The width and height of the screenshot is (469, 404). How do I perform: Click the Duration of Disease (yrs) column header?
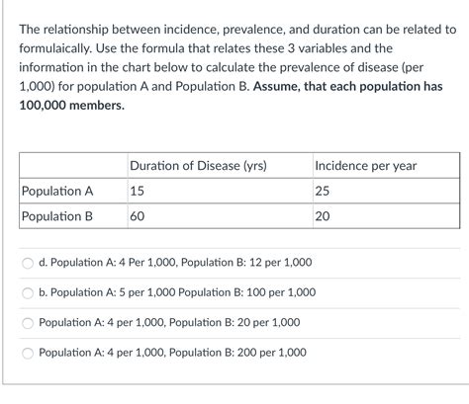pyautogui.click(x=198, y=166)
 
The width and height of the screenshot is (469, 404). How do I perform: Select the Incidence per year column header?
pyautogui.click(x=365, y=166)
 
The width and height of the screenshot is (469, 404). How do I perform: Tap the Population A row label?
pyautogui.click(x=57, y=192)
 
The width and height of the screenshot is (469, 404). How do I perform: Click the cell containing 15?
pyautogui.click(x=138, y=192)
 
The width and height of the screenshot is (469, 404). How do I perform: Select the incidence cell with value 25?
pyautogui.click(x=324, y=192)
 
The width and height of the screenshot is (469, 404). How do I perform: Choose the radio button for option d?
pyautogui.click(x=28, y=263)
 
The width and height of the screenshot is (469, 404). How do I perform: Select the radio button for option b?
pyautogui.click(x=28, y=292)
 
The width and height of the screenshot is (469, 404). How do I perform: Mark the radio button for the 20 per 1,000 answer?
pyautogui.click(x=28, y=322)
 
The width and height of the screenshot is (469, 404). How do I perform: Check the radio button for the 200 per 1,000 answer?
pyautogui.click(x=28, y=352)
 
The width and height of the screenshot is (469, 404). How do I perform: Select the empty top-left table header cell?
pyautogui.click(x=71, y=166)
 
